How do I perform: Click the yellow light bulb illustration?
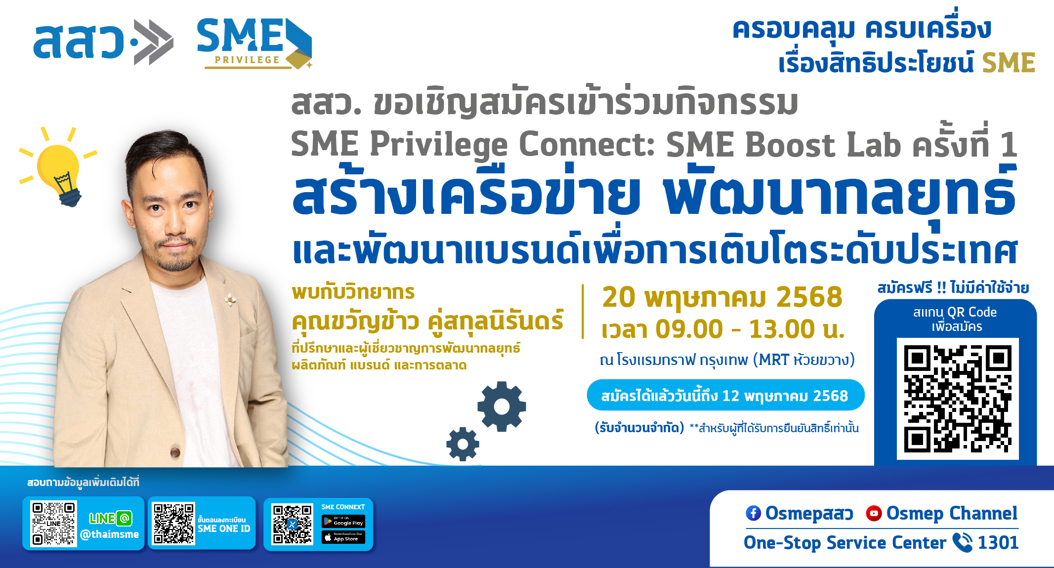(59, 168)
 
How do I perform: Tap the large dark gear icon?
(502, 406)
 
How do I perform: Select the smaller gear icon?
(463, 444)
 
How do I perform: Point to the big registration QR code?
(958, 399)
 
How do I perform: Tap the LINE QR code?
(53, 524)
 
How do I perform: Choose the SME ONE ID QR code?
(173, 524)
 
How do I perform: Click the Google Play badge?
(343, 522)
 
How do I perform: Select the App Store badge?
(343, 537)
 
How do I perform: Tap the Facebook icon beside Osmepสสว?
(753, 513)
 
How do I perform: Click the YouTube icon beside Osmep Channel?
(874, 513)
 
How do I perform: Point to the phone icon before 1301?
(962, 542)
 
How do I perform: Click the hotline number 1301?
(998, 543)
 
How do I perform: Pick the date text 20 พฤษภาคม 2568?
(722, 297)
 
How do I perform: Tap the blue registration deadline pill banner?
(725, 395)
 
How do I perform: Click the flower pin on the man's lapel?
(230, 299)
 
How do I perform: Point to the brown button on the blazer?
(175, 451)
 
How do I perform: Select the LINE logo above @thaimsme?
(110, 518)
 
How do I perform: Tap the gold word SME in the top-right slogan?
(1009, 63)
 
